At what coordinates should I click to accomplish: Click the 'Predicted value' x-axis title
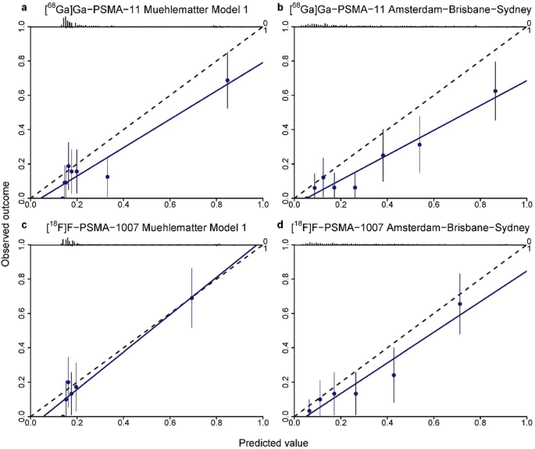[x=278, y=442]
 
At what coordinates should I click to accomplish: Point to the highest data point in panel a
[x=227, y=80]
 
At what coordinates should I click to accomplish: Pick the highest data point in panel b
[x=495, y=91]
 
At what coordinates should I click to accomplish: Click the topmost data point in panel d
[x=460, y=304]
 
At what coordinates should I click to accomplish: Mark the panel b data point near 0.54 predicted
[x=419, y=144]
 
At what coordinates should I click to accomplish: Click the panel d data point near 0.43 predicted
[x=394, y=375]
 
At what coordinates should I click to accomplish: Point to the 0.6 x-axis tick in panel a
[x=169, y=205]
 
